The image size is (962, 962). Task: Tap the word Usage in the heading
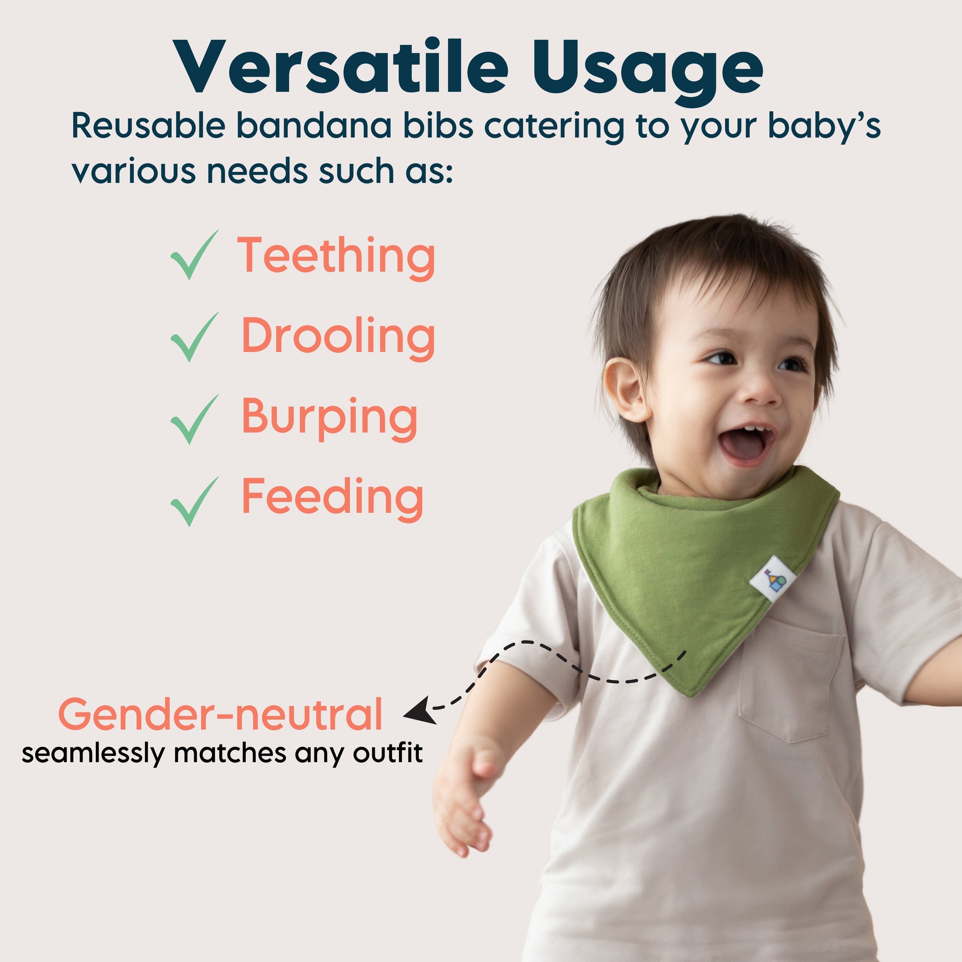648,73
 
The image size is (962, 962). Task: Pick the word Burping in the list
330,419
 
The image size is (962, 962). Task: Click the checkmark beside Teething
195,255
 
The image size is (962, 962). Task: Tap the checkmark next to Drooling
195,337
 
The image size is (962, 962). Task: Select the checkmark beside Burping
195,419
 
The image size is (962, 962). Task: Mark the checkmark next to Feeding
195,501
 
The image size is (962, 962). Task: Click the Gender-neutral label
220,714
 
